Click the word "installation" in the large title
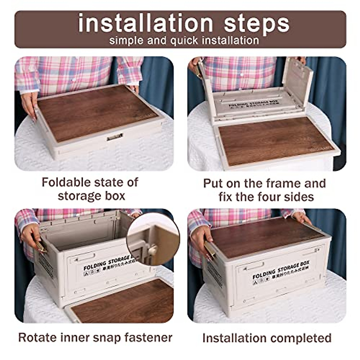point(145,23)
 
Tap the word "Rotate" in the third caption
point(37,337)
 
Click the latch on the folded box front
point(115,137)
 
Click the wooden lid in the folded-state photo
point(96,112)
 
